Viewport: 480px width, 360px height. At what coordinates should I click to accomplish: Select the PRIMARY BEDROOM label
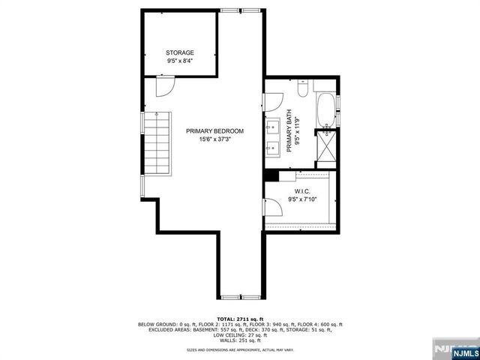point(215,131)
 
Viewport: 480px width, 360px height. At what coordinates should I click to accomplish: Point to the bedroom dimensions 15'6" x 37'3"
point(215,139)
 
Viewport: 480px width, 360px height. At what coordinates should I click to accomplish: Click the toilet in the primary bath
point(300,89)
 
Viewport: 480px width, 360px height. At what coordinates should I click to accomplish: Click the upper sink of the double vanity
point(273,128)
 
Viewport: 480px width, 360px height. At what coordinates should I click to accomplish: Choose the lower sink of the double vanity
point(273,148)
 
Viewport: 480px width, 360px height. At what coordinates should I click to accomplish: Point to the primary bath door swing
point(273,101)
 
